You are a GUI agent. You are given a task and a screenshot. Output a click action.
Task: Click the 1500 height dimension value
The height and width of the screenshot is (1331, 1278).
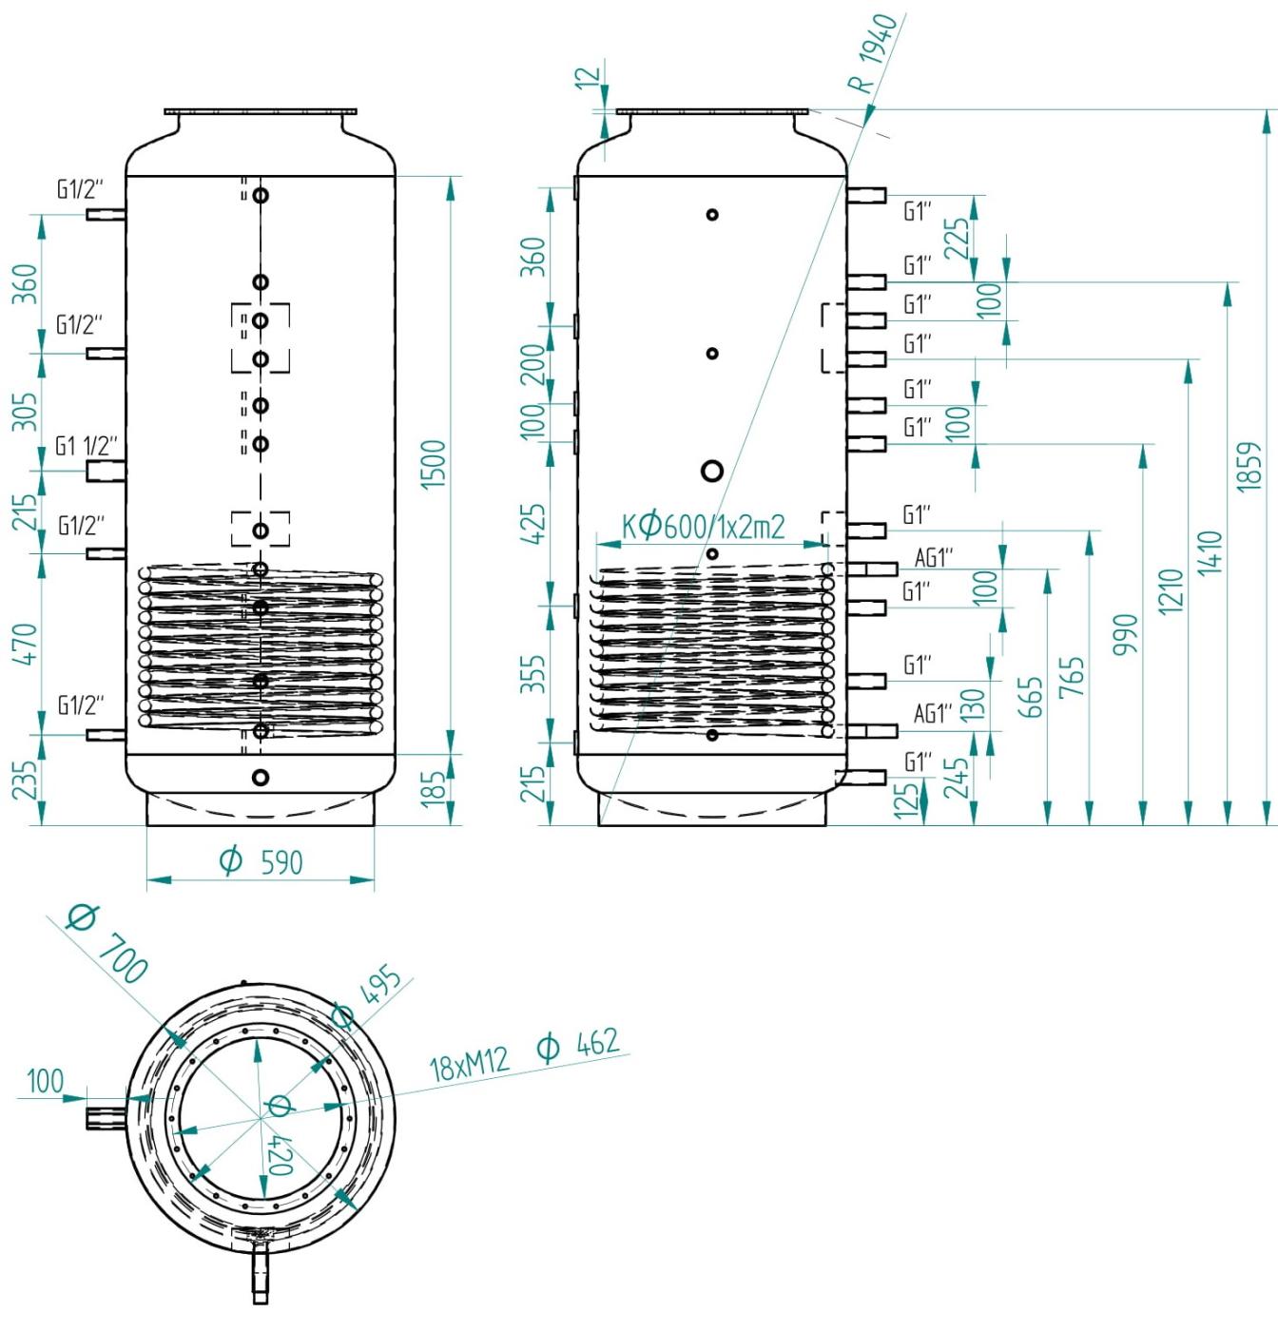point(433,464)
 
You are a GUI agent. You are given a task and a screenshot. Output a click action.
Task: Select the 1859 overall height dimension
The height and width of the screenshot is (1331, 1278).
point(1249,466)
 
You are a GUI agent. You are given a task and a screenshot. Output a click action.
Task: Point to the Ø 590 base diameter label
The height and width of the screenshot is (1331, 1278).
point(261,861)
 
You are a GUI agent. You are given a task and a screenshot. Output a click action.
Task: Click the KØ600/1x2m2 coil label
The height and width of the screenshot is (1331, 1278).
point(703,527)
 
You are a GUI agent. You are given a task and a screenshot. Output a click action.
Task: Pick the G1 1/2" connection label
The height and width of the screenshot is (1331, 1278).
point(87,446)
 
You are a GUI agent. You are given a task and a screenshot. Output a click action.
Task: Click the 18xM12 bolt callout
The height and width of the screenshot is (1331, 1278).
point(470,1064)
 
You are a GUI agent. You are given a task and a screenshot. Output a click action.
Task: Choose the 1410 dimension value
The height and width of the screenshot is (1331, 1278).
point(1209,552)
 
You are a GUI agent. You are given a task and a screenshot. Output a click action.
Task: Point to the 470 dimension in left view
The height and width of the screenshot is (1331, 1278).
point(25,644)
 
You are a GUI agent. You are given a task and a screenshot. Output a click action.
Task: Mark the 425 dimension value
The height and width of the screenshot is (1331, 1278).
point(533,524)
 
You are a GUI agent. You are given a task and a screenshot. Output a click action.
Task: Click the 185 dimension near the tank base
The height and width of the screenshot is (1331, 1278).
point(433,788)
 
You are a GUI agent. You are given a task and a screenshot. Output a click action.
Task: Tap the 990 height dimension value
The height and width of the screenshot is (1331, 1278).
point(1126,634)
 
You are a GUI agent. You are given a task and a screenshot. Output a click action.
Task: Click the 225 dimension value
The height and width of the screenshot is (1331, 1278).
point(958,238)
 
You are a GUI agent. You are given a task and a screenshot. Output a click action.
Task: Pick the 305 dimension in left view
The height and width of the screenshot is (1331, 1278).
point(25,411)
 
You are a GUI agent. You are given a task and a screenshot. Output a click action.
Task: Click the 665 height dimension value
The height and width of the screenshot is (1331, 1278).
point(1031,697)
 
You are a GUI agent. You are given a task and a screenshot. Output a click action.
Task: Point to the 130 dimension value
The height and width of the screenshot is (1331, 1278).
point(972,704)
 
